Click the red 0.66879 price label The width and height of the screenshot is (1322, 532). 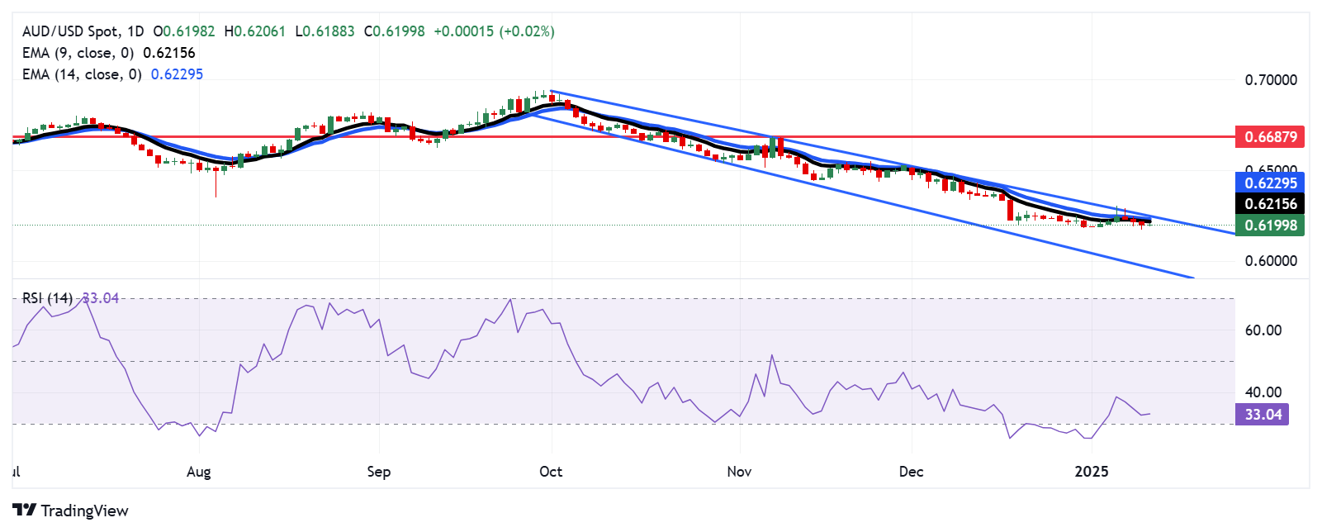click(1270, 137)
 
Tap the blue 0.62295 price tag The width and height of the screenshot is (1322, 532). click(1270, 183)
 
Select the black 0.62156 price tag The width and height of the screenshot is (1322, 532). click(1270, 204)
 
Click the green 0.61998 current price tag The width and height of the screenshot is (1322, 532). click(1270, 226)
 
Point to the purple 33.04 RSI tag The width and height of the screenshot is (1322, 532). click(1262, 415)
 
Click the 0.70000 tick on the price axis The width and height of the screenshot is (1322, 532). click(1270, 80)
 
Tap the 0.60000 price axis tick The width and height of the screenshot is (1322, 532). click(1270, 261)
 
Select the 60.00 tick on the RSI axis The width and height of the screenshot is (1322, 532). click(1263, 330)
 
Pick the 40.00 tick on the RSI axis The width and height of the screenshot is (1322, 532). click(1263, 392)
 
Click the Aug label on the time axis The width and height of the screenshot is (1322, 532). click(199, 472)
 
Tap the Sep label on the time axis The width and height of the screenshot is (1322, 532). click(378, 472)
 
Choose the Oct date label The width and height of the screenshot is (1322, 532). click(551, 472)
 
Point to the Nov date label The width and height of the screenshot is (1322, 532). click(739, 472)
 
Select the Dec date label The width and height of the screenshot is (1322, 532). click(911, 472)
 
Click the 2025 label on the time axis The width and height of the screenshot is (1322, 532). click(1091, 472)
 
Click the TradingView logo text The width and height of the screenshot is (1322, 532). click(84, 511)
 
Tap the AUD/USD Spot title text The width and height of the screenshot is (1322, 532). click(70, 31)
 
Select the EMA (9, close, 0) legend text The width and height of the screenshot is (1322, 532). click(79, 53)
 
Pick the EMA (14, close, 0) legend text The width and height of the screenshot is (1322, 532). click(82, 74)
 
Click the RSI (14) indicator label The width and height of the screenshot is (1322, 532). click(47, 298)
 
